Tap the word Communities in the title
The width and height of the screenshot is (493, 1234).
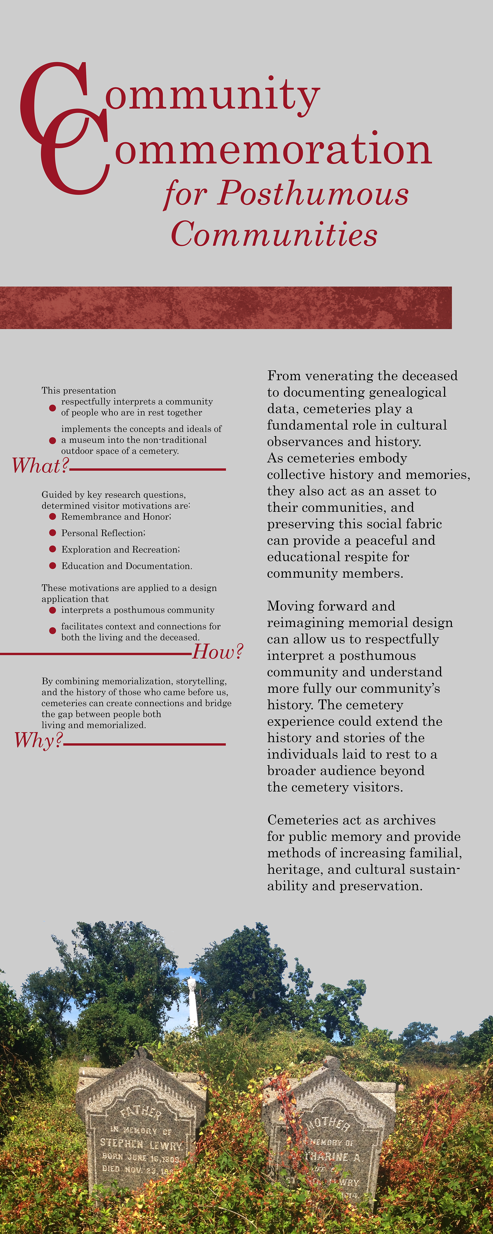(274, 235)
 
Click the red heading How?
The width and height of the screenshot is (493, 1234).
(218, 652)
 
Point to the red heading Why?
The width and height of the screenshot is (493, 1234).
(38, 740)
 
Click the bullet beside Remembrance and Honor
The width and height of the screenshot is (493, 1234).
(53, 516)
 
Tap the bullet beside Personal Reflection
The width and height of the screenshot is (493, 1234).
(53, 533)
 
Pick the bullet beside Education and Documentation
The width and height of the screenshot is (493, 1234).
(53, 566)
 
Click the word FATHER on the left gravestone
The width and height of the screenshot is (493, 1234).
(140, 1112)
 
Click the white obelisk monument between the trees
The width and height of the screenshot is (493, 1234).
(193, 1006)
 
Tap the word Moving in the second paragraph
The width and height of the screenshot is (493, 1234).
(288, 606)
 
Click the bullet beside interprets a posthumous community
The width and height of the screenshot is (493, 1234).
(53, 610)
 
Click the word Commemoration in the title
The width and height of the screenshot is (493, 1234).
(273, 149)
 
